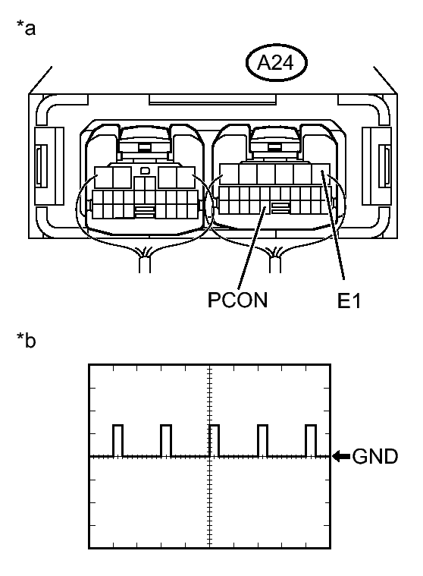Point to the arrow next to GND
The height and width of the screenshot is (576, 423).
pos(342,457)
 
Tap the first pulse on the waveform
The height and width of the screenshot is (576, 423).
pos(117,440)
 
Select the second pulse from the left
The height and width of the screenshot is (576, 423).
pos(166,440)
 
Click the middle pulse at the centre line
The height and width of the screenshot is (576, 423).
pos(214,440)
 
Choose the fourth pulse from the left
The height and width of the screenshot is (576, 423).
pos(262,440)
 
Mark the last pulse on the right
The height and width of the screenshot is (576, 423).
pos(310,440)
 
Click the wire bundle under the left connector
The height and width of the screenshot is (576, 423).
pos(143,262)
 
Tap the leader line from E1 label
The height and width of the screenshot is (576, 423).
pos(337,235)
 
